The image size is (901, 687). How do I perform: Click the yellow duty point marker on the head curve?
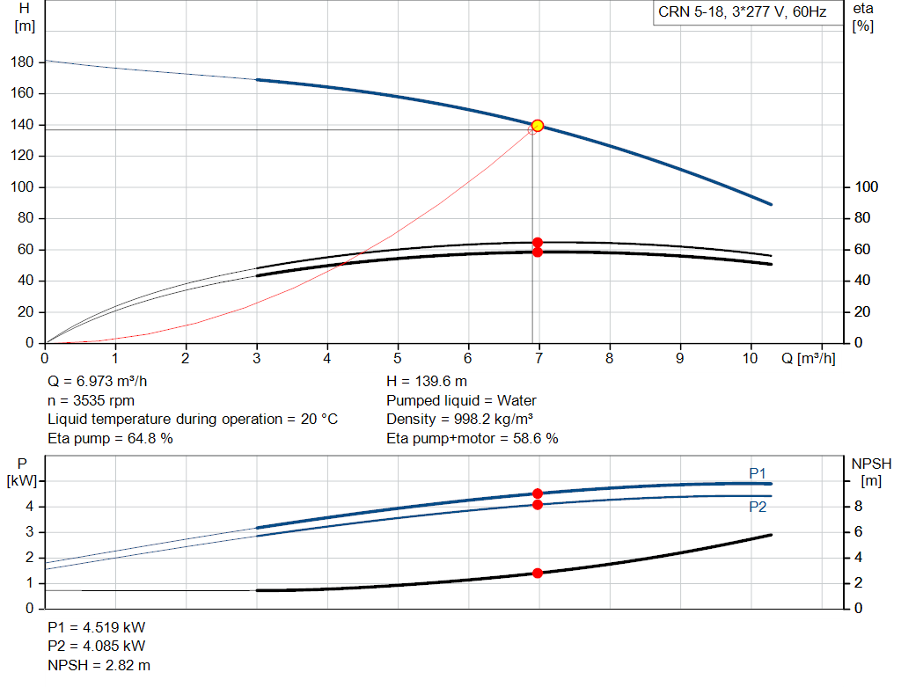click(x=538, y=126)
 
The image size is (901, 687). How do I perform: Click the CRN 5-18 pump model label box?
click(x=748, y=12)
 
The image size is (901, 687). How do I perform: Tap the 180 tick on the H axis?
click(x=22, y=62)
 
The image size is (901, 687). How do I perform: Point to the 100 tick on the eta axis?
click(x=866, y=186)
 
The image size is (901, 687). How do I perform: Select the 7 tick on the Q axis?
click(x=538, y=358)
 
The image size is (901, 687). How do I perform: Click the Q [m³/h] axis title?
click(x=808, y=358)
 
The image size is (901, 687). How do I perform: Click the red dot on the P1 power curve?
click(x=538, y=493)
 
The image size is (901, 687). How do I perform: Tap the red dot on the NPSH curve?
click(x=538, y=574)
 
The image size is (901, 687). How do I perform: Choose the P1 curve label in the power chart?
click(x=758, y=473)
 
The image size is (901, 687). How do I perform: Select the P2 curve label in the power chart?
click(x=758, y=507)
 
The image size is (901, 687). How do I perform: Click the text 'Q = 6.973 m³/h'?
click(x=97, y=382)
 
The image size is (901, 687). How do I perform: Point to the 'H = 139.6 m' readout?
click(x=427, y=382)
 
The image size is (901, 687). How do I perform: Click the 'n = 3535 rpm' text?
click(x=91, y=400)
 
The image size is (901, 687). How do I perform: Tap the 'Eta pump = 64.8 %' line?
click(x=110, y=438)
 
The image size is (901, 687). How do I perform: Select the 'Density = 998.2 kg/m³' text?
click(x=459, y=420)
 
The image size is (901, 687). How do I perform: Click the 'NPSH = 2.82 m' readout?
click(x=99, y=665)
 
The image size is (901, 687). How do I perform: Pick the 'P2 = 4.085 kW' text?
click(x=97, y=647)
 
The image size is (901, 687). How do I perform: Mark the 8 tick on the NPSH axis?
click(x=859, y=506)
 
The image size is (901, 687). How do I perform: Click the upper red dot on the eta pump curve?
click(x=538, y=243)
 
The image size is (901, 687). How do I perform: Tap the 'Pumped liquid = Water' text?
click(x=461, y=400)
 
